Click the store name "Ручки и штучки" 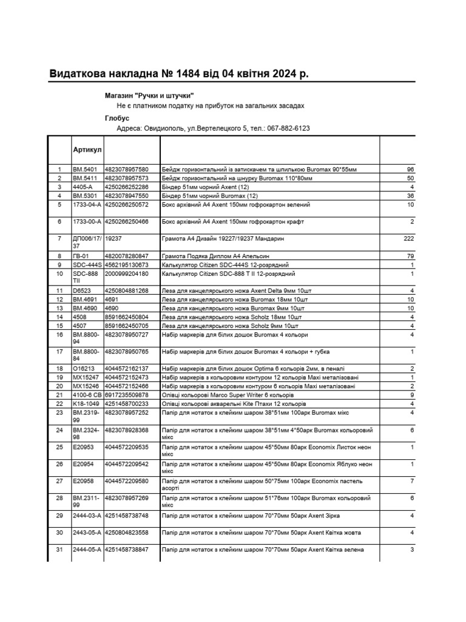point(164,96)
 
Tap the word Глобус point(117,118)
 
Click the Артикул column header point(87,149)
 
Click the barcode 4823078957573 point(126,178)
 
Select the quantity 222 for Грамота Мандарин point(408,239)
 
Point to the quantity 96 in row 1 point(410,169)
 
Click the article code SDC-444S point(86,265)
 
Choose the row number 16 point(59,335)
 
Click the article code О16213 point(84,369)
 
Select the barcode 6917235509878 point(126,395)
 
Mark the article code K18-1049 point(86,403)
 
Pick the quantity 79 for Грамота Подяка point(410,256)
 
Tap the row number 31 point(59,550)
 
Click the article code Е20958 point(83,481)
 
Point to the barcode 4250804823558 point(126,533)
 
